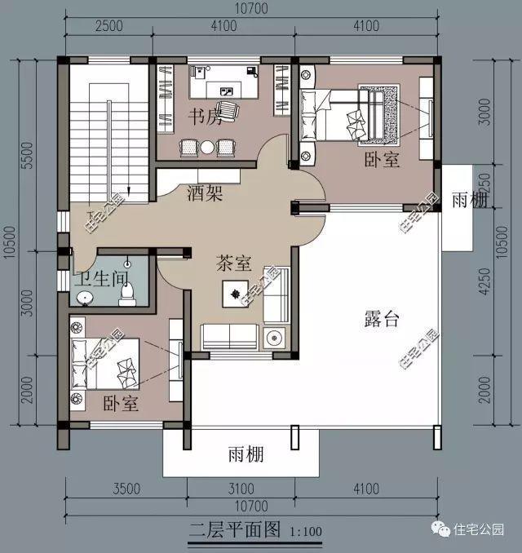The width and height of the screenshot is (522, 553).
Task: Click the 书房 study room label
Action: point(205,117)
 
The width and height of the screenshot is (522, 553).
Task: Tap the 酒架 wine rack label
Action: point(205,194)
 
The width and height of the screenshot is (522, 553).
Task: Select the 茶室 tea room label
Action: point(233,264)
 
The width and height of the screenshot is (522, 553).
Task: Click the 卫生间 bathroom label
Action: point(95,278)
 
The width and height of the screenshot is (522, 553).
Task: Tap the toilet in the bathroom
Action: point(126,293)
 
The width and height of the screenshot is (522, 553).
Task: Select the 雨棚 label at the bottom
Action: point(246,454)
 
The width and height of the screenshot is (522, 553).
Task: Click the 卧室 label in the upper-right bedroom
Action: point(382,160)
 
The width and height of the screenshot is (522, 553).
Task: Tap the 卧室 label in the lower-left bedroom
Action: point(120,403)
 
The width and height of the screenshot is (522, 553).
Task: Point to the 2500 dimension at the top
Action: point(108,25)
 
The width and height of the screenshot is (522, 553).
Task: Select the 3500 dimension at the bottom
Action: point(125,489)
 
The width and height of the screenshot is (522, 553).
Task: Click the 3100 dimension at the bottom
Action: point(241,489)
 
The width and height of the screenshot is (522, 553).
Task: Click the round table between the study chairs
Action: point(207,147)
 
